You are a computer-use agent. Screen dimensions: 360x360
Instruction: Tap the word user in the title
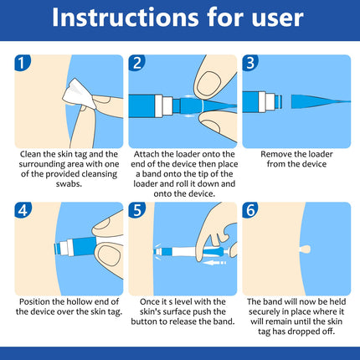pos(277,19)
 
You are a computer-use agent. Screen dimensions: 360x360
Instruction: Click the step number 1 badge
pos(23,63)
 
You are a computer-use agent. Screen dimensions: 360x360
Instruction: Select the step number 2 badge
pos(136,63)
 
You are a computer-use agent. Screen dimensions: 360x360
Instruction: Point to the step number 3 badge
pos(250,63)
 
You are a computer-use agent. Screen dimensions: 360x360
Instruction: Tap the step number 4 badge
pos(23,210)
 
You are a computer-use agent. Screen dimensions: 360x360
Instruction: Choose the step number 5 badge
pos(137,210)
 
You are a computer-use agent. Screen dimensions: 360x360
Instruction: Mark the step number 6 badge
pos(250,210)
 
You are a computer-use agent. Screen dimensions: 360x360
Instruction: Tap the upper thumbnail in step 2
pos(210,84)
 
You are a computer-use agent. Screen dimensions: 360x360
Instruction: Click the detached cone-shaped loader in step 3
pos(321,101)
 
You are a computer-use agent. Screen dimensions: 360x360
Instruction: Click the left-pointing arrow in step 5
pos(214,263)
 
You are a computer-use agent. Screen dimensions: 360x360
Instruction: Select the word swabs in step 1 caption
pos(69,184)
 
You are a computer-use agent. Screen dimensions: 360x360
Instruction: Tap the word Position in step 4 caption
pos(34,301)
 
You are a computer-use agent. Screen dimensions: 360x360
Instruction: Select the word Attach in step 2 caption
pos(147,154)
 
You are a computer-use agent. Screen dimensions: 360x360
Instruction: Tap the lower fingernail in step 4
pos(109,255)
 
